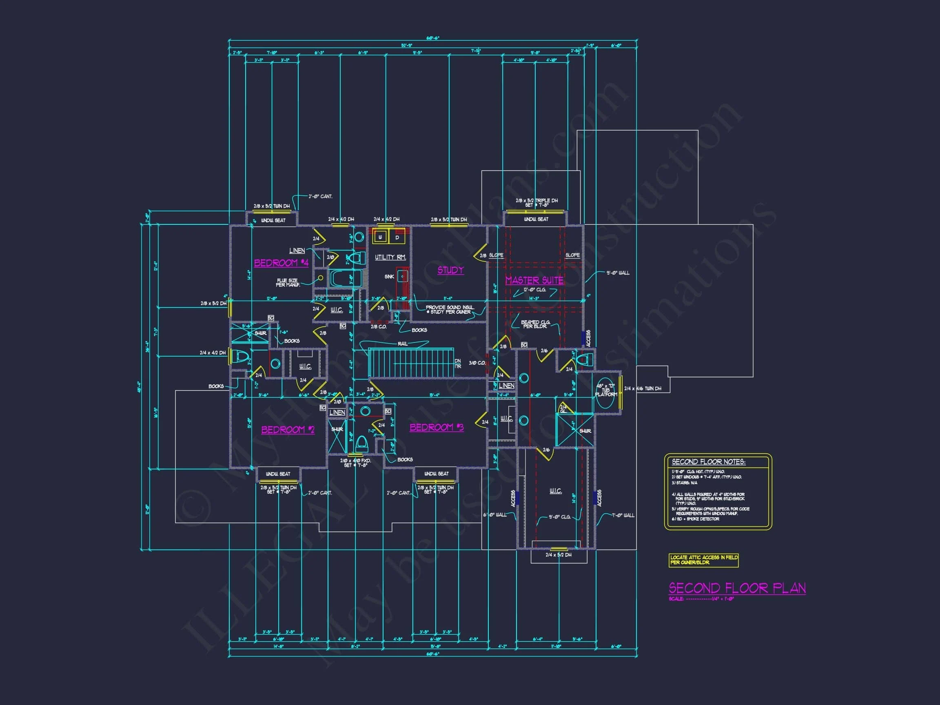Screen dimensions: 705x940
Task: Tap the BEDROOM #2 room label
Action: (288, 430)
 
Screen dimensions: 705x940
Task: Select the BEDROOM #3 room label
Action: (436, 427)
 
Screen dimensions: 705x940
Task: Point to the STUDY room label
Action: (450, 270)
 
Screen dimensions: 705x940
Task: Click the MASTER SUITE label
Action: (534, 280)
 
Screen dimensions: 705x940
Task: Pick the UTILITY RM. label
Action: (390, 257)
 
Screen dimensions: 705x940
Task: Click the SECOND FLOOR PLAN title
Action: (737, 588)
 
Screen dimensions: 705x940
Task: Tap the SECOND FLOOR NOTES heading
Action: (708, 462)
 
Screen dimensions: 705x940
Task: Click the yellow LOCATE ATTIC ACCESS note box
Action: (703, 560)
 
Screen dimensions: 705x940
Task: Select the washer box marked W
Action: (380, 237)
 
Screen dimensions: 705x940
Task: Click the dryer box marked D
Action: (397, 237)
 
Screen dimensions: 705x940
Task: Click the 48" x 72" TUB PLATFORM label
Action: (605, 390)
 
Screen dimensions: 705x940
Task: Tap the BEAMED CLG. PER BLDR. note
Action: (535, 324)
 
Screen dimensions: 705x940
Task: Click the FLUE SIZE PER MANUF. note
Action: (288, 283)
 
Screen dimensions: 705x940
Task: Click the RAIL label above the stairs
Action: (402, 344)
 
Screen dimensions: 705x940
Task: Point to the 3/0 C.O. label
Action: (477, 363)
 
